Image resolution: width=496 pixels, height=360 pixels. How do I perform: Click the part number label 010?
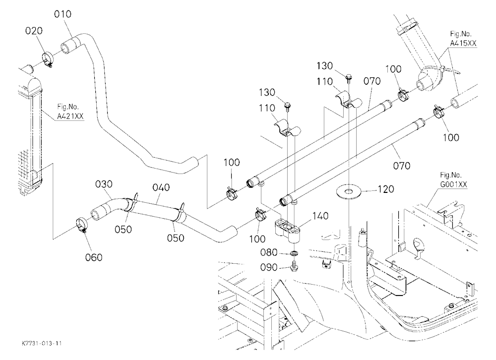[62, 14]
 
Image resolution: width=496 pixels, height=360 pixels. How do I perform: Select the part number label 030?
[104, 184]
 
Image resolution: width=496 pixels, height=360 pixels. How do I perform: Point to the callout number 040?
[161, 187]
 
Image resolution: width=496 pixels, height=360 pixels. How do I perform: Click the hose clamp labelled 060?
[82, 225]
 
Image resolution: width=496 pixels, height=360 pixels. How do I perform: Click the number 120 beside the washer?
[385, 189]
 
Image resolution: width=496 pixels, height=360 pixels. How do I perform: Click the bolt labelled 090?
[294, 266]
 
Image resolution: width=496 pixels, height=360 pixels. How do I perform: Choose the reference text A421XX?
[70, 117]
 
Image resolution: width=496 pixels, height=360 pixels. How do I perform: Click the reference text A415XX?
[463, 43]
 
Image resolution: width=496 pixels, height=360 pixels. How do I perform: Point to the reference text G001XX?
[454, 185]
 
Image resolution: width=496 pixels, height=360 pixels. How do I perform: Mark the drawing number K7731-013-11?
[42, 343]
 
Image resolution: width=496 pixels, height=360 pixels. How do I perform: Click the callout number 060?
[94, 257]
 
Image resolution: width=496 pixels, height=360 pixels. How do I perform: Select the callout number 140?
[320, 216]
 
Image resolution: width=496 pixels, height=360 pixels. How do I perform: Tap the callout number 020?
[34, 31]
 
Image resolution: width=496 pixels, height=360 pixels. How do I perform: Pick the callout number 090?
[269, 268]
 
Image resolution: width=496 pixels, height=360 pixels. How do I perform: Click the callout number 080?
[269, 253]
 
